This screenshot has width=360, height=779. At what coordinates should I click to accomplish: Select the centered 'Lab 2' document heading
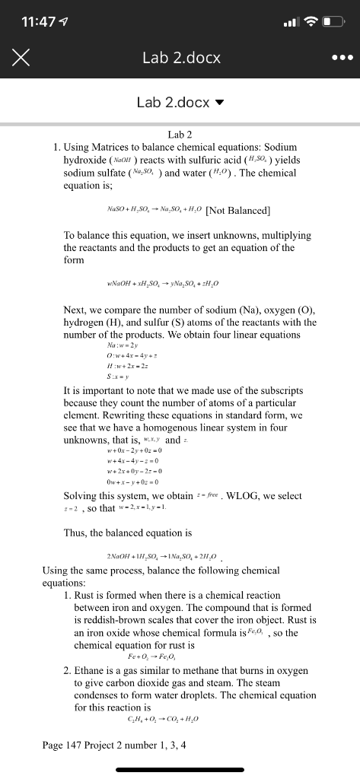(180, 134)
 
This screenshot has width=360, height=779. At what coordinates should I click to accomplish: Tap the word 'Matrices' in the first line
(110, 146)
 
